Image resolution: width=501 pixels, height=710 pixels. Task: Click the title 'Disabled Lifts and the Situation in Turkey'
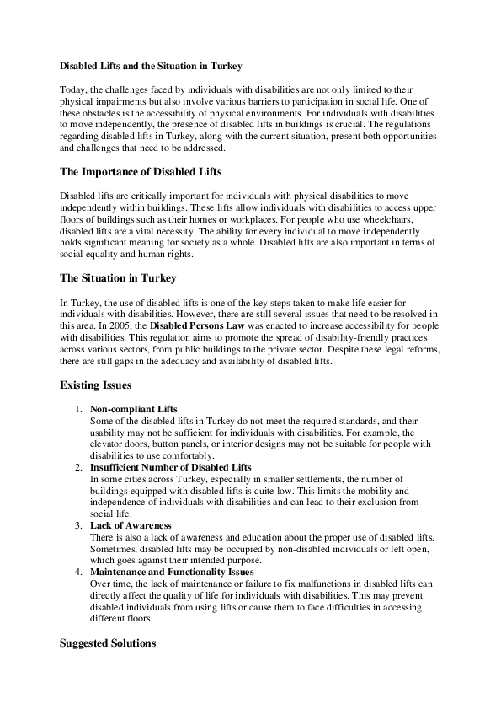pyautogui.click(x=151, y=64)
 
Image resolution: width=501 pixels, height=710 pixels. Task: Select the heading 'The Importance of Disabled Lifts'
pyautogui.click(x=140, y=172)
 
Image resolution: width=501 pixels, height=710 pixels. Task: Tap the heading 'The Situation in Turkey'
pyautogui.click(x=117, y=277)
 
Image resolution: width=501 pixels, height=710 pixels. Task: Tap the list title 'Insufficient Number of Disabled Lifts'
pyautogui.click(x=171, y=466)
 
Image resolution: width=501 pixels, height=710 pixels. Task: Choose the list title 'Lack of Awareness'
pyautogui.click(x=131, y=525)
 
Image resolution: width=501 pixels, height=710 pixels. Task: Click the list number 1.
pyautogui.click(x=77, y=409)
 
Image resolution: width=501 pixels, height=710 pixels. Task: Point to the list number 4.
pyautogui.click(x=77, y=571)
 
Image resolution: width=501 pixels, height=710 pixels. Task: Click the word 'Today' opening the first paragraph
pyautogui.click(x=74, y=89)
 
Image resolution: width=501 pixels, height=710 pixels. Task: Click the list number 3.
pyautogui.click(x=77, y=525)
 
